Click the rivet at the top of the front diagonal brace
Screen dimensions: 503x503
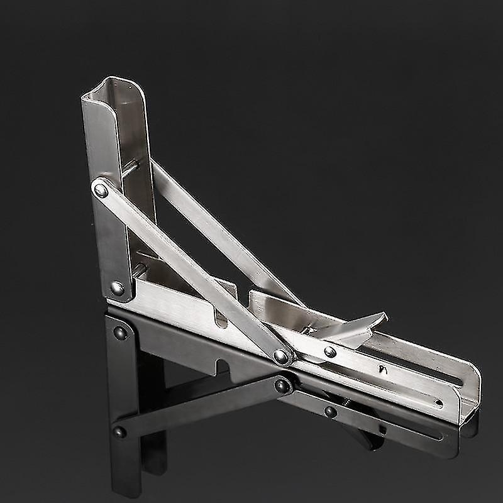tap(99, 189)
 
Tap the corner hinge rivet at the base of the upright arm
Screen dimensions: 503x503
tap(118, 288)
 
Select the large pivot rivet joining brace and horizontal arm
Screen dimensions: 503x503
tap(282, 357)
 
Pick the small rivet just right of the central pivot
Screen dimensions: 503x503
tap(330, 352)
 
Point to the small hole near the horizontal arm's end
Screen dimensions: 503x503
tap(438, 403)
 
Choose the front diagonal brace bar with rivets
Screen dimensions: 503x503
tap(189, 270)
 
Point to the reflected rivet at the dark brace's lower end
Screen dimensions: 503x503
tap(118, 432)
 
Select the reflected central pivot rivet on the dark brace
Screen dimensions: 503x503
tap(282, 385)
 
